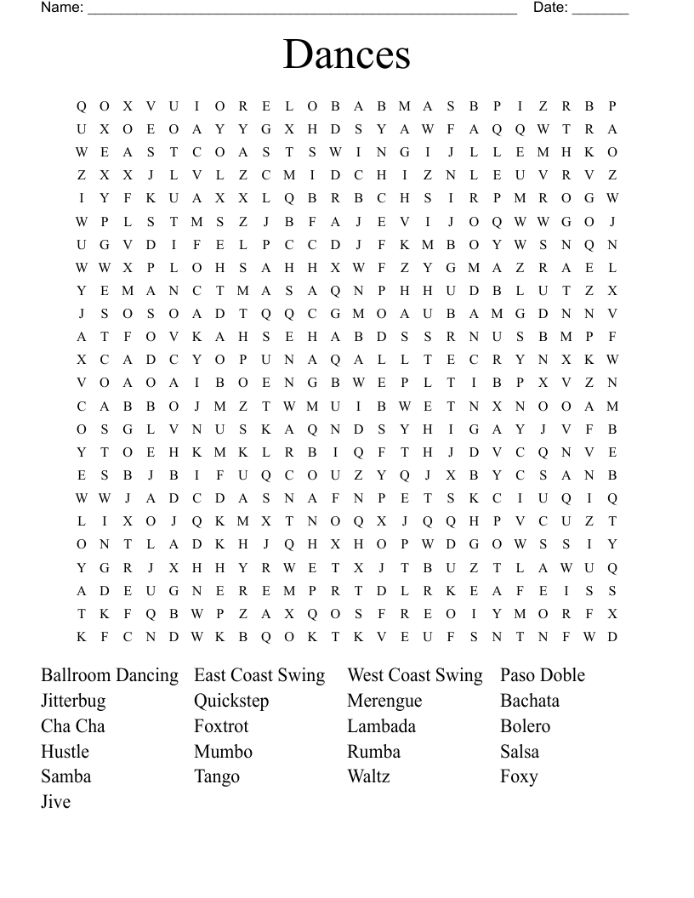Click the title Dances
pos(347,54)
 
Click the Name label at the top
pos(62,8)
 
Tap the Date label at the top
pos(550,8)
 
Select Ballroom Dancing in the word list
pos(110,675)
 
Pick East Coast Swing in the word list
pos(259,675)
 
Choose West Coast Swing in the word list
pos(414,675)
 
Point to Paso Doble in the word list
pos(543,675)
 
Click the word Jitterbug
pos(73,701)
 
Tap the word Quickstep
pos(231,701)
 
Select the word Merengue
pos(384,701)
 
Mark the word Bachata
pos(530,701)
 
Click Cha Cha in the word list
pos(73,726)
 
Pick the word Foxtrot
pos(221,726)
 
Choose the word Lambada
pos(381,726)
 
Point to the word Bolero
pos(525,726)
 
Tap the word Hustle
pos(65,752)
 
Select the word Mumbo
pos(223,752)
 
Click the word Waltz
pos(368,776)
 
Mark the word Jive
pos(55,802)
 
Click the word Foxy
pos(519,776)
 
